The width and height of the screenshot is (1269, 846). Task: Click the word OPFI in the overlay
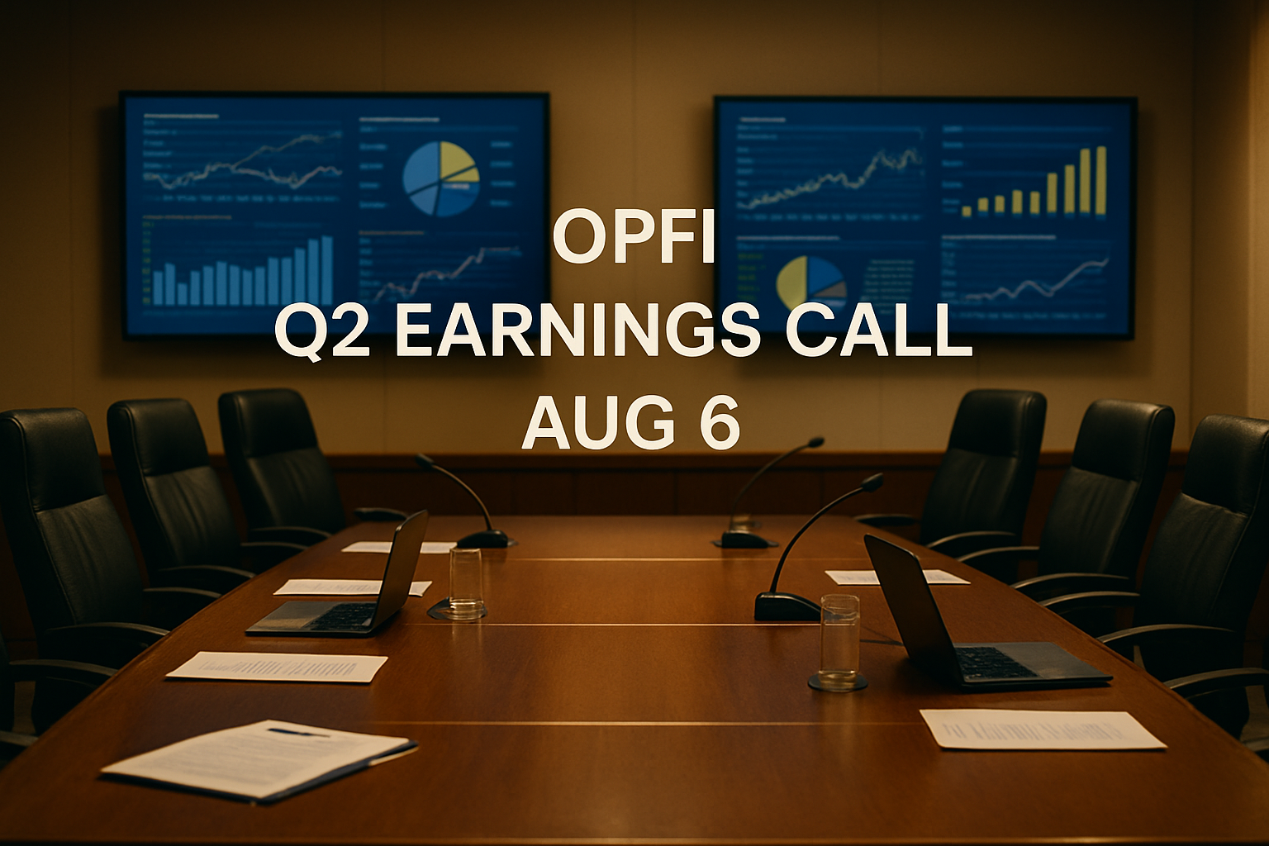(633, 238)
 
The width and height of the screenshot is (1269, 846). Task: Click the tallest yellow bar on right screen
(1100, 180)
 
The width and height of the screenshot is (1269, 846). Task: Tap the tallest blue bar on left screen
(327, 270)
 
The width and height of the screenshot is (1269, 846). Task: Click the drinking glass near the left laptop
(466, 582)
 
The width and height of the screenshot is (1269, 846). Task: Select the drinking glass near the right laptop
(839, 642)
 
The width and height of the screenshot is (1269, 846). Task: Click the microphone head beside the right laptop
(872, 480)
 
